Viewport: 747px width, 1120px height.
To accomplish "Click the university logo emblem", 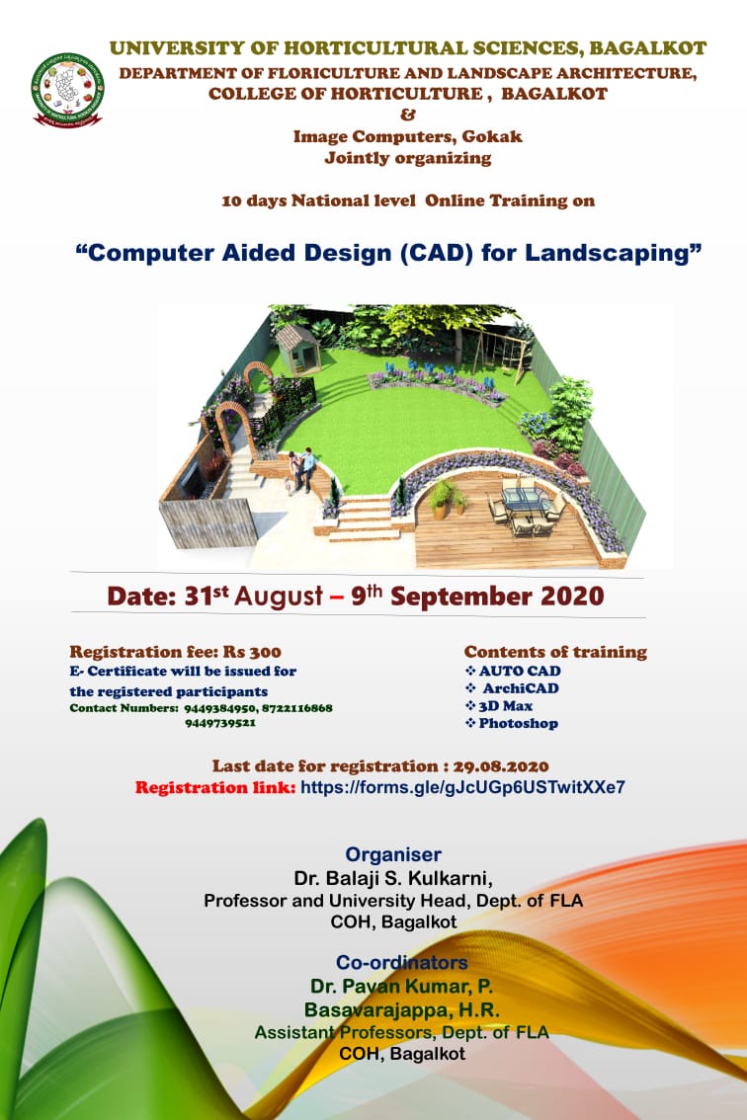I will [x=67, y=90].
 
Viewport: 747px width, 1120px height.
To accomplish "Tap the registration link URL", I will [x=462, y=788].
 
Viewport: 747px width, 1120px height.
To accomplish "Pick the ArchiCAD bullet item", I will [x=520, y=688].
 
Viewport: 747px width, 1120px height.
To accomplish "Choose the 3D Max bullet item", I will [x=506, y=706].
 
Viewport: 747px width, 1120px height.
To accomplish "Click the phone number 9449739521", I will [x=220, y=723].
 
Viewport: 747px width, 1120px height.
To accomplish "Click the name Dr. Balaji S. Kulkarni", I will [x=392, y=878].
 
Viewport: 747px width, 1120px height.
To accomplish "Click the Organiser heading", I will [x=393, y=854].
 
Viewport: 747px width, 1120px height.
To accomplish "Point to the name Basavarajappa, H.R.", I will [x=401, y=1009].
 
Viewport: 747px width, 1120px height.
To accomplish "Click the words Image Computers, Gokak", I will [x=407, y=137].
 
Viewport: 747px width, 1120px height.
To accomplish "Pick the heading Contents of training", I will [x=555, y=652].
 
